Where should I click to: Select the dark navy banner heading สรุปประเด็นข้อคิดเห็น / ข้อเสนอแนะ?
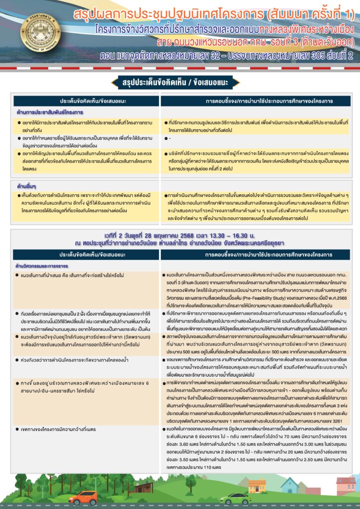180,82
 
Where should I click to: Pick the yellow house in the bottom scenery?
257,486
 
